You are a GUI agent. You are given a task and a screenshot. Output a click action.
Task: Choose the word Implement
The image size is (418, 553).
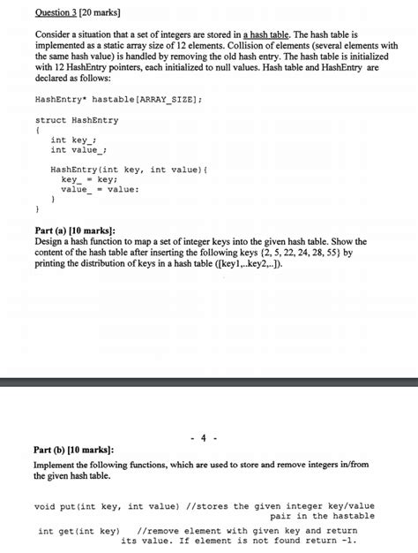pyautogui.click(x=60, y=464)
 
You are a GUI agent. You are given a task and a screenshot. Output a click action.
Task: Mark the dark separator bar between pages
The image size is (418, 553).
pyautogui.click(x=209, y=382)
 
